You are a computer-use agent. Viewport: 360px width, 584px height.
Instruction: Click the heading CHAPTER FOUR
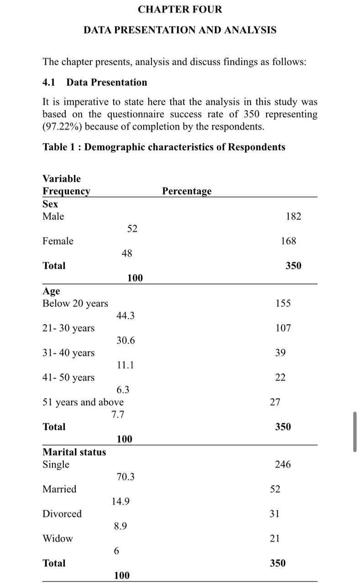tap(180, 9)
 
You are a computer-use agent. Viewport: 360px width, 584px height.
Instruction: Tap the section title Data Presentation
tap(107, 83)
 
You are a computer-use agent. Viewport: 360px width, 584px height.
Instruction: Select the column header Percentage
tap(187, 191)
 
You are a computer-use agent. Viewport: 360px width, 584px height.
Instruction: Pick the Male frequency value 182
tap(293, 216)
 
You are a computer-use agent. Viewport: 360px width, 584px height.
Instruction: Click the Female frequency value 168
tap(288, 241)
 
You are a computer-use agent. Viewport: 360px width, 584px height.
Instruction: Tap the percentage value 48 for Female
tap(127, 253)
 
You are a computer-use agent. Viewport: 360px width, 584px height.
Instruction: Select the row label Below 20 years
tap(75, 303)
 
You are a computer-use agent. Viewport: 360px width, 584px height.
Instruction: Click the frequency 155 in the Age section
tap(283, 303)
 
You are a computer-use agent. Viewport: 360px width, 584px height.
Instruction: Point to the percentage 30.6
tap(125, 340)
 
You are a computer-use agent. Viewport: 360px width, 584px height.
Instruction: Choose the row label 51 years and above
tap(83, 402)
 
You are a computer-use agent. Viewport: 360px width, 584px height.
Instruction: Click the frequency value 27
tap(275, 402)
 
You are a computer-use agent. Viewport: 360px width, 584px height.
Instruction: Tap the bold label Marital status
tap(74, 452)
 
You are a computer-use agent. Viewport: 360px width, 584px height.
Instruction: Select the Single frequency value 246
tap(283, 464)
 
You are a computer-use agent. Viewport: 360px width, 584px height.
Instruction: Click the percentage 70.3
tap(125, 477)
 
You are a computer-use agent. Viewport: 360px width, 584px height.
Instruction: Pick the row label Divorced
tap(62, 514)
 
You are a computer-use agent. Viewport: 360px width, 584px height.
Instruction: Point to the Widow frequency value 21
tap(275, 538)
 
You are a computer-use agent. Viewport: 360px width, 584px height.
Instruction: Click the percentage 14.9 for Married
tap(120, 501)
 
